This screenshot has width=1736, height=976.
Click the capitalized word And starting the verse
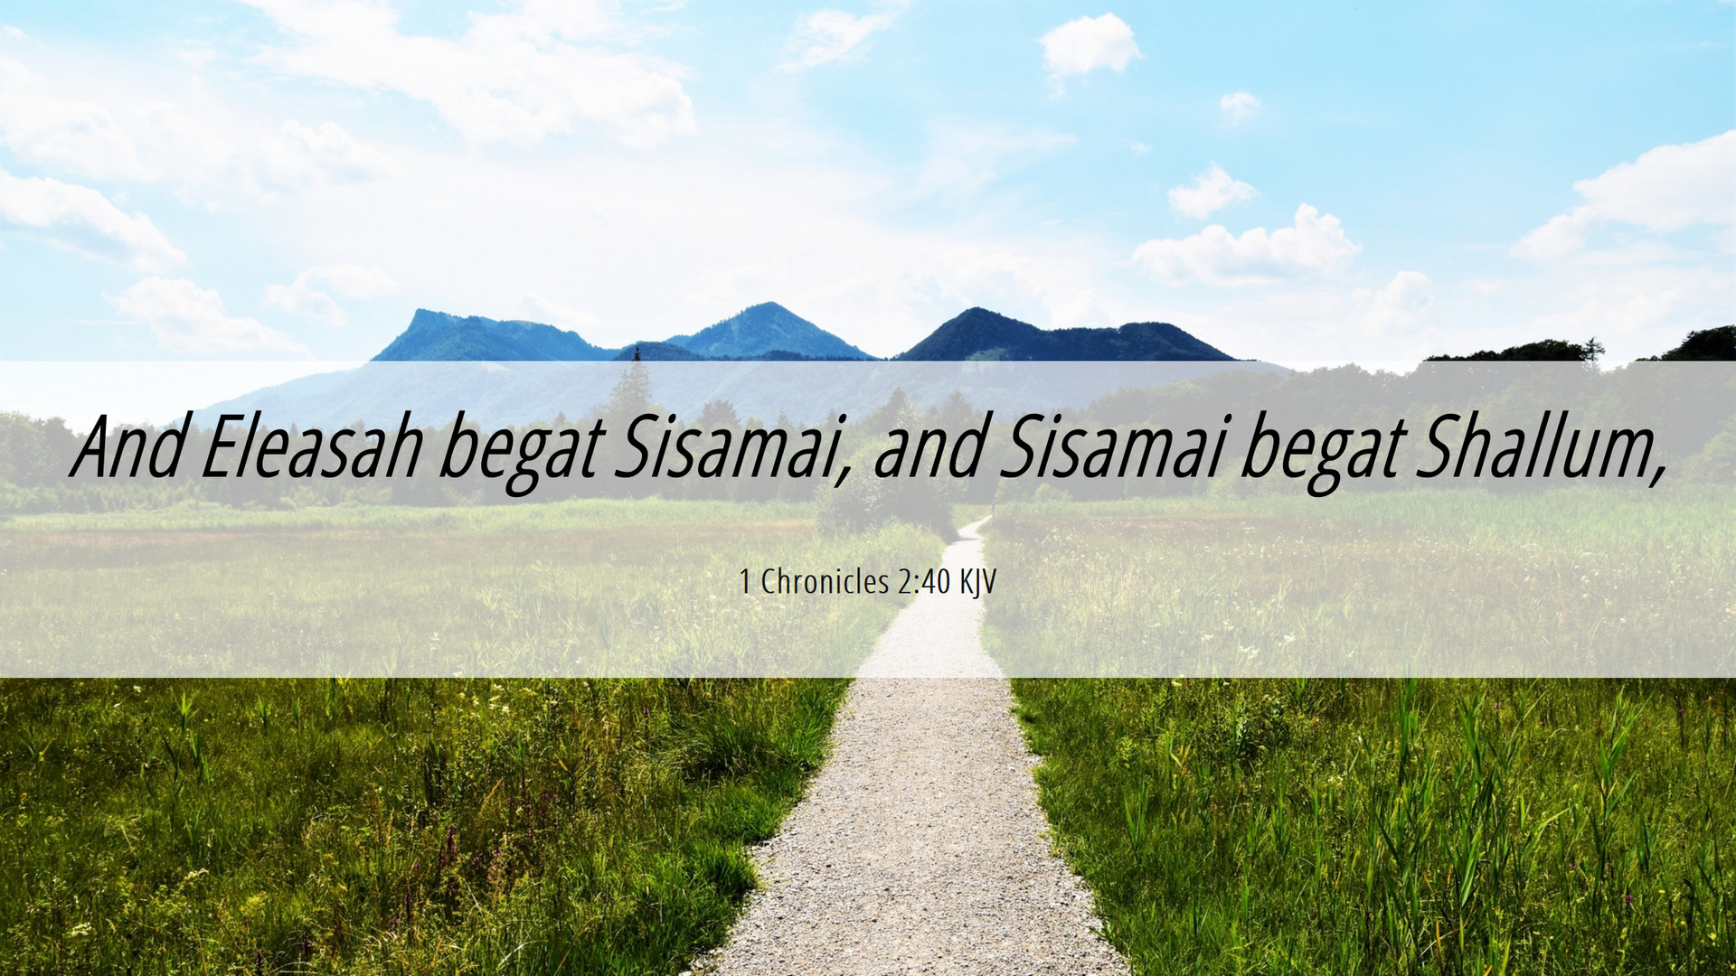[128, 447]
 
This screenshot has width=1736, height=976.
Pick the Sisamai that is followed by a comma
[732, 449]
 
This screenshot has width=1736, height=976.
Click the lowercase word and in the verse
[929, 447]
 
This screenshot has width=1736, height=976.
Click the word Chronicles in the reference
[826, 582]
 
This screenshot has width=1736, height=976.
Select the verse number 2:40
[925, 582]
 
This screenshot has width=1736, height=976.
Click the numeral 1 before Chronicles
[745, 582]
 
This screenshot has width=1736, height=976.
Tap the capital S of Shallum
[1438, 447]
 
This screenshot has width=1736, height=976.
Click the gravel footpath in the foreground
[913, 813]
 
